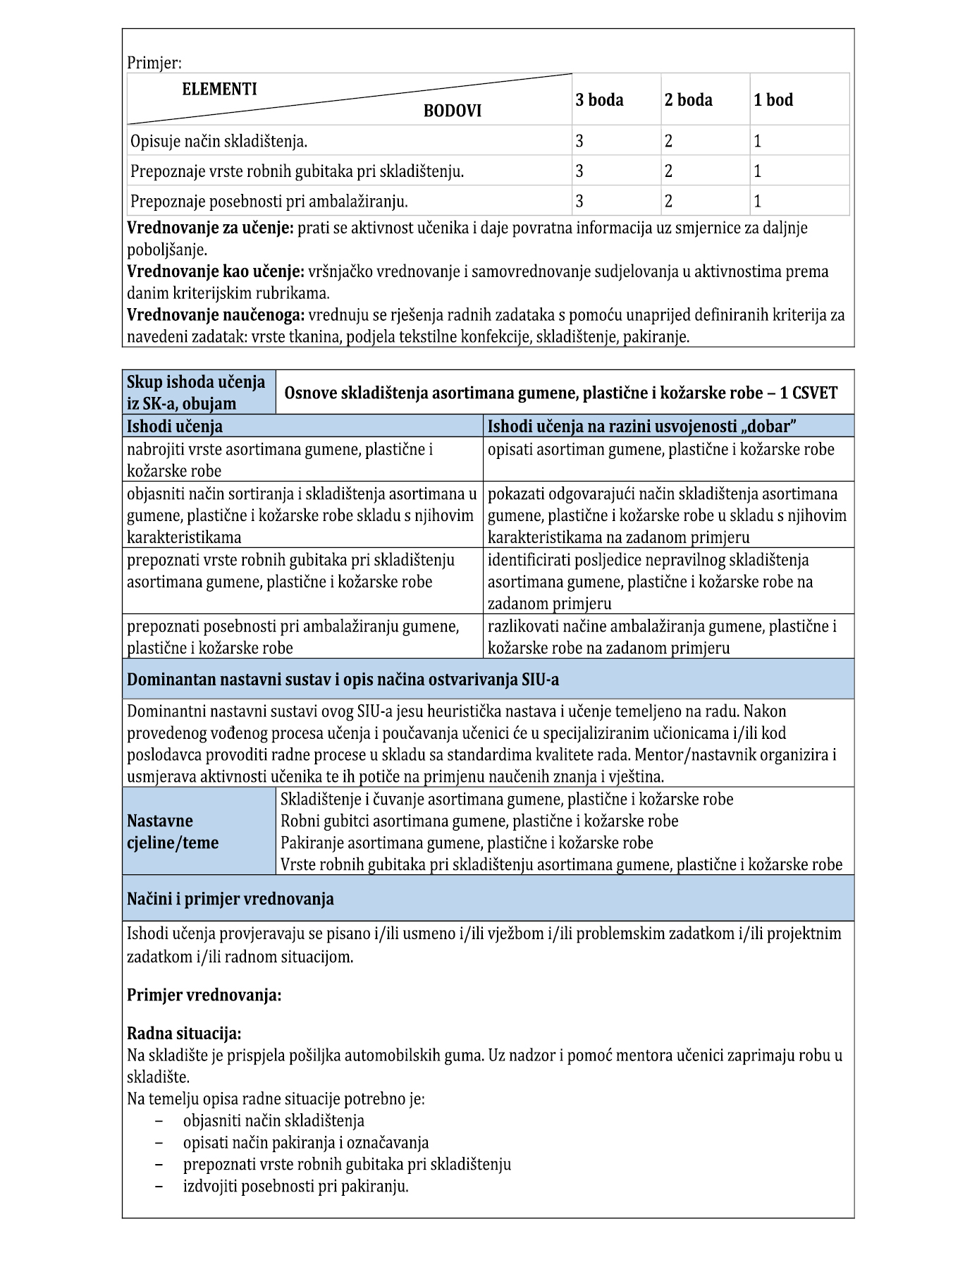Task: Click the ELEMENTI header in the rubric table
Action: (219, 90)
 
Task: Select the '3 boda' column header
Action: (599, 100)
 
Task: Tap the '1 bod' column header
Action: (773, 100)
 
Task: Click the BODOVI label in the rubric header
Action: (452, 111)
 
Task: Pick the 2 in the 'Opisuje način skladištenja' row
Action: (668, 141)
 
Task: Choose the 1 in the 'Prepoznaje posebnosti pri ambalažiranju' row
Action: (758, 202)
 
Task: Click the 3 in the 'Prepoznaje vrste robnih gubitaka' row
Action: (579, 171)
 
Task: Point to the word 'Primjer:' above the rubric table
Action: (154, 63)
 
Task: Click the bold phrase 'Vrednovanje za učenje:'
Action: (210, 228)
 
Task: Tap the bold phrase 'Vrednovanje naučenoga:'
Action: (216, 315)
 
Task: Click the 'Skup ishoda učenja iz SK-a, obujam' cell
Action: (197, 393)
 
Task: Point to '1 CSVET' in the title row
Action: (808, 393)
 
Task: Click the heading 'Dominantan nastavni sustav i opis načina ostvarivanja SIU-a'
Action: (343, 680)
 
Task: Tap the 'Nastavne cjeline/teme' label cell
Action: (173, 832)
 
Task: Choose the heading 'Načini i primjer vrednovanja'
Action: (231, 899)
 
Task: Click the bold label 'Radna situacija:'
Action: (184, 1034)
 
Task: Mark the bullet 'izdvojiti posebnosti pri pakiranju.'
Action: (296, 1186)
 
